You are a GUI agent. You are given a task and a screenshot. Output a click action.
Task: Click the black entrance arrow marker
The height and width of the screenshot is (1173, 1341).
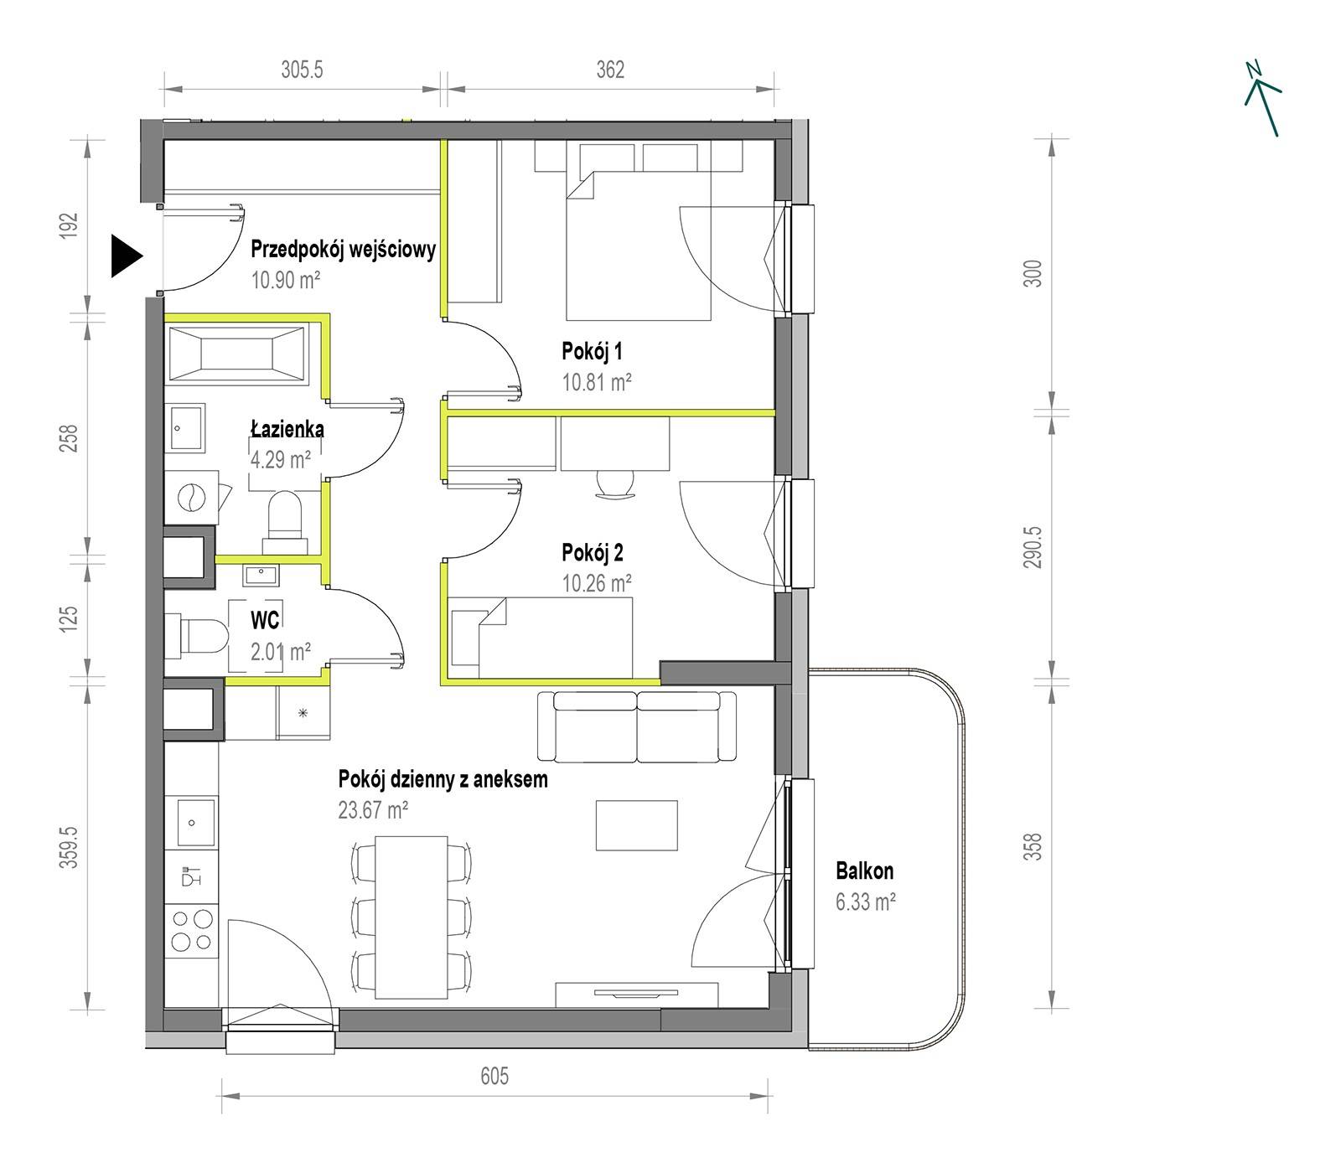127,256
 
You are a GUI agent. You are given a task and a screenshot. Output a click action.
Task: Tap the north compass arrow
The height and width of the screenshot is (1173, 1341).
1262,98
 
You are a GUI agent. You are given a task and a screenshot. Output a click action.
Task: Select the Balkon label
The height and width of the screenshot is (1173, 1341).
864,871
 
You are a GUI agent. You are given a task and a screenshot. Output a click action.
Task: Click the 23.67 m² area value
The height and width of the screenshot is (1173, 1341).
374,809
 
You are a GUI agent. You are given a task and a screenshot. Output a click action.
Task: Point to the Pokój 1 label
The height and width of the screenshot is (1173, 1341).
592,351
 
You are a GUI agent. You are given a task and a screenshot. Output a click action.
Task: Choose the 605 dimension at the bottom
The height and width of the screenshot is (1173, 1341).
494,1075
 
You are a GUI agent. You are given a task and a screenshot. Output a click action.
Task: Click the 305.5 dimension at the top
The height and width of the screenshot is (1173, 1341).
302,70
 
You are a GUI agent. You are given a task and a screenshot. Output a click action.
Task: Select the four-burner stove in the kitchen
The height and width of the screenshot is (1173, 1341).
192,931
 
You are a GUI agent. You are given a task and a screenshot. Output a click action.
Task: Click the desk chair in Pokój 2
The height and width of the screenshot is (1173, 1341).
616,484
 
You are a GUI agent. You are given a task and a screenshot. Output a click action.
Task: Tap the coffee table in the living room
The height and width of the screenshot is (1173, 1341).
636,825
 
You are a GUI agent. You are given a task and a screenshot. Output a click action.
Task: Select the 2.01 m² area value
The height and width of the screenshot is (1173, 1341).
281,652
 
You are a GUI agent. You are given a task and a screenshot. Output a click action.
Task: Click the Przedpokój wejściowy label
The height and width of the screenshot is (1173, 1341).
344,249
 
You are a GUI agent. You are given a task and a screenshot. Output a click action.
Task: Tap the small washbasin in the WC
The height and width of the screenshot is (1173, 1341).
261,575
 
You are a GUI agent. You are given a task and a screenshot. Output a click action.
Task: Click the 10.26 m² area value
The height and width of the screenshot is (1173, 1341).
597,582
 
